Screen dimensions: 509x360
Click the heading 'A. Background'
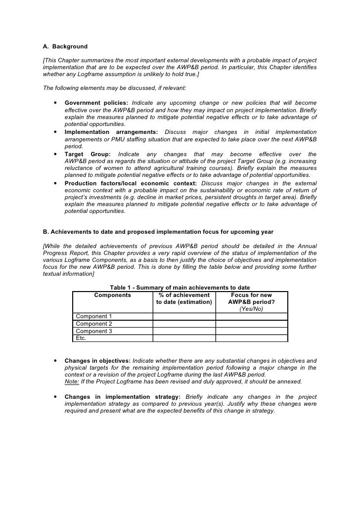65,46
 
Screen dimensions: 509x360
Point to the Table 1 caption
180,288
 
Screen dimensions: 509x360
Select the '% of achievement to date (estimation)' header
184,298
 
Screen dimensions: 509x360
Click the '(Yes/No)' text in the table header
251,309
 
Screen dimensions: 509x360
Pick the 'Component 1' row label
93,316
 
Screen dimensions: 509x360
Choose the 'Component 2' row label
93,324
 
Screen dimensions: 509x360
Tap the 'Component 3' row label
93,331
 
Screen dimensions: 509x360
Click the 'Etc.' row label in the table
81,338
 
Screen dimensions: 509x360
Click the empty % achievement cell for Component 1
184,316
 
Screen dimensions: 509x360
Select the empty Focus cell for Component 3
251,331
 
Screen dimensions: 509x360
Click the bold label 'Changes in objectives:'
97,361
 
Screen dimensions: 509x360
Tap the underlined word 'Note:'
73,382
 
